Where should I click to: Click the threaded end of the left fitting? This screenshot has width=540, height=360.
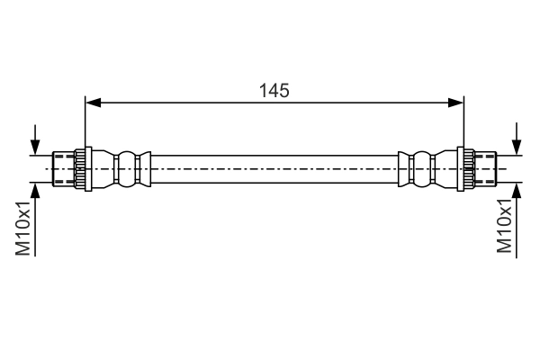click(63, 168)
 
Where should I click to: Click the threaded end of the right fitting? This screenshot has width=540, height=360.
click(485, 168)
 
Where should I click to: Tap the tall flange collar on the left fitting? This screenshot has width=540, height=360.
click(81, 168)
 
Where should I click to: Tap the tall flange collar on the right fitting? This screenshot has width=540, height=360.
click(466, 168)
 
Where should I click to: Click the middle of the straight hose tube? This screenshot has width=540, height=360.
click(274, 168)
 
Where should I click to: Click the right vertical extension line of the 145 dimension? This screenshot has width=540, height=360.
click(463, 121)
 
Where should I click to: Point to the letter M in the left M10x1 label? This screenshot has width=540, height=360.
click(24, 248)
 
